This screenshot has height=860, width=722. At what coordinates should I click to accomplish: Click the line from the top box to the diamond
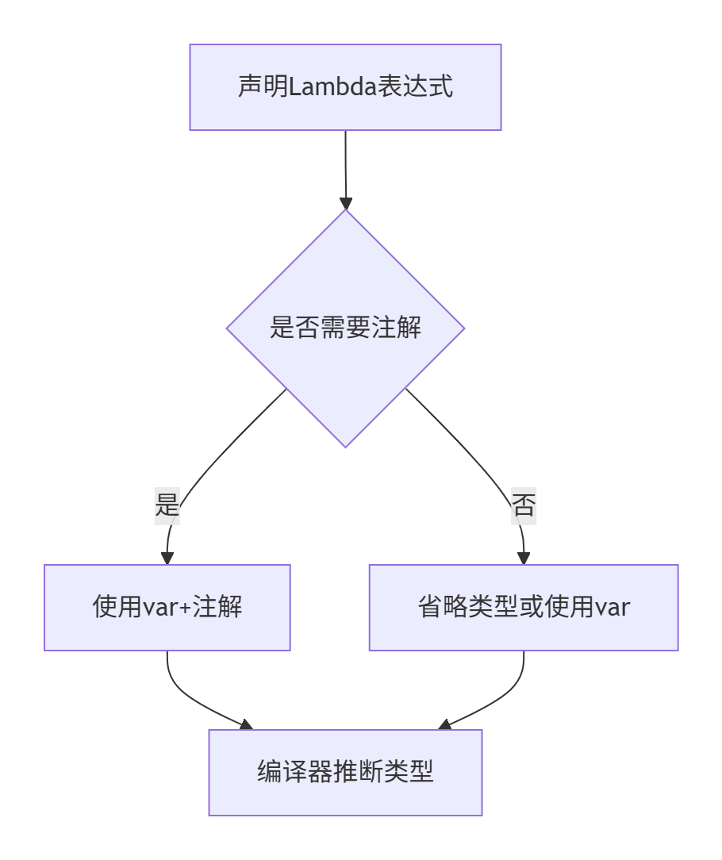point(345,163)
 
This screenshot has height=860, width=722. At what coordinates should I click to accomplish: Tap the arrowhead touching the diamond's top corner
point(345,202)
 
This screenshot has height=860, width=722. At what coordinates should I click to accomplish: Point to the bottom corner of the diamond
point(345,444)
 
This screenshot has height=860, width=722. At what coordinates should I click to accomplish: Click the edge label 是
point(167,505)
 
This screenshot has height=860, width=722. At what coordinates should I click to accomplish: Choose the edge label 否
point(524,505)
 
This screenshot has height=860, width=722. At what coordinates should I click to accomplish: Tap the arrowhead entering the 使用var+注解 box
point(167,557)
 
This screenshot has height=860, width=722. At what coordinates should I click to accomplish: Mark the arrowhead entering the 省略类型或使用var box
point(524,557)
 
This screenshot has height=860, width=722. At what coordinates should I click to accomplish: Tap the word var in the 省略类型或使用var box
point(613,608)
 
